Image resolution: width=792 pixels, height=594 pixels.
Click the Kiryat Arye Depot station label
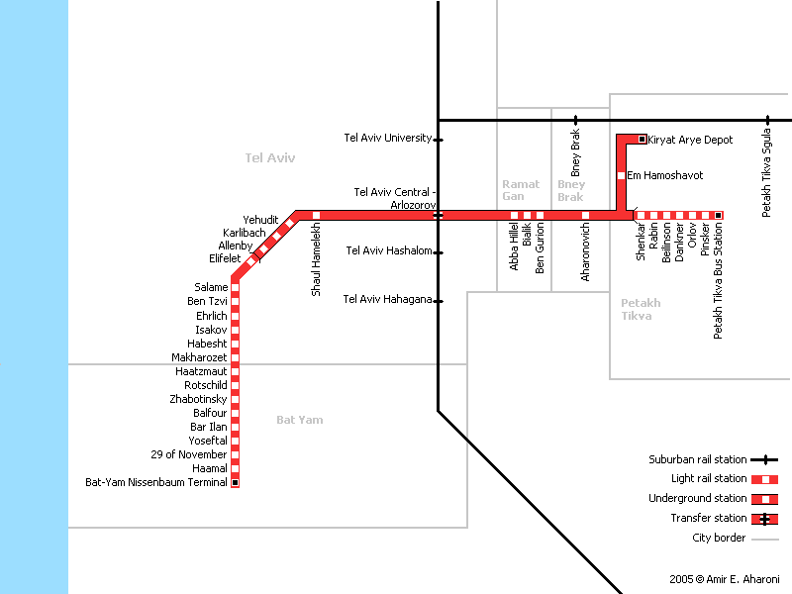pos(690,140)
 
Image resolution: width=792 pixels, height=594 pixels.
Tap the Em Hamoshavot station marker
pos(622,176)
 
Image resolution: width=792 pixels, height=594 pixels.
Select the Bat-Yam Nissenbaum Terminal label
pos(156,482)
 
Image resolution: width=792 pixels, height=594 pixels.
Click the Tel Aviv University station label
pos(388,138)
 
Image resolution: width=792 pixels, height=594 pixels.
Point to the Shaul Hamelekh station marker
pos(316,216)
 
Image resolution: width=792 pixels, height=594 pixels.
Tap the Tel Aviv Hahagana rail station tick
pos(439,302)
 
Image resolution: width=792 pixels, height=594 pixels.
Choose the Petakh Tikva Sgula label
pos(766,172)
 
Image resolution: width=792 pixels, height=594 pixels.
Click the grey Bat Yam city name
pos(300,420)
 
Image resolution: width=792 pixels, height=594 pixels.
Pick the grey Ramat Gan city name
pos(521,190)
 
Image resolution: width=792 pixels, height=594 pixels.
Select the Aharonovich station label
pos(585,252)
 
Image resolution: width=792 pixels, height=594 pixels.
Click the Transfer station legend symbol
pos(764,519)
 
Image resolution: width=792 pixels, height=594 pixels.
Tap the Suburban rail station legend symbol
pos(764,460)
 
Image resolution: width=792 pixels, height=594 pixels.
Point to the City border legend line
pos(764,540)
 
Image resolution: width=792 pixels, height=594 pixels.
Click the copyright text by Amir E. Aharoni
pos(725,579)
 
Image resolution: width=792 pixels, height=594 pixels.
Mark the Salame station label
pos(211,287)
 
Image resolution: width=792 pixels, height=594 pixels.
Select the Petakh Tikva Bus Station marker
pos(719,216)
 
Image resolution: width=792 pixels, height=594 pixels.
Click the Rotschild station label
pos(206,385)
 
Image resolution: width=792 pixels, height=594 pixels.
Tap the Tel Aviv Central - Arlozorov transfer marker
pos(438,216)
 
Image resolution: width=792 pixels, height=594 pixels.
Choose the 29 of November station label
pos(189,454)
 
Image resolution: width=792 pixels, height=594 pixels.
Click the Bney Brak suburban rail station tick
pos(575,121)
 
